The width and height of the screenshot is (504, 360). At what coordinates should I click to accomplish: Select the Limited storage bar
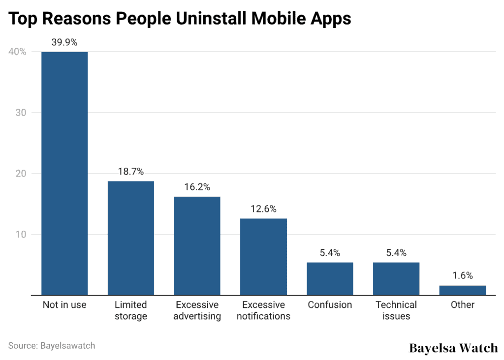(131, 238)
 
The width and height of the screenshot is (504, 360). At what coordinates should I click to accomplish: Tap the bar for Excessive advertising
(197, 246)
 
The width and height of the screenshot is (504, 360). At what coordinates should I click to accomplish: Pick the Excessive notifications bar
(263, 257)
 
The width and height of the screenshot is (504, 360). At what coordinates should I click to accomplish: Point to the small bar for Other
(462, 290)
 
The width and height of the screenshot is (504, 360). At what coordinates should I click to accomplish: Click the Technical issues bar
(396, 279)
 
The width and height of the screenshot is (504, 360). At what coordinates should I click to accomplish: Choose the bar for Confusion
(330, 279)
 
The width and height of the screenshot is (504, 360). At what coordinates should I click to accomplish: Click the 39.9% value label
(64, 42)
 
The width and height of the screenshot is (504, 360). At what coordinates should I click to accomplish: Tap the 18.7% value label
(131, 172)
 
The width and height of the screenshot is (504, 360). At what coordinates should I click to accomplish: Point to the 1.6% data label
(462, 276)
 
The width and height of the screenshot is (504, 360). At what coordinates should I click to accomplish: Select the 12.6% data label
(263, 209)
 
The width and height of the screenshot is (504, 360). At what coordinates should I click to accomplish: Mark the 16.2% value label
(197, 187)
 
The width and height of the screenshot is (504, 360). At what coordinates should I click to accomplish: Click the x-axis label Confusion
(330, 305)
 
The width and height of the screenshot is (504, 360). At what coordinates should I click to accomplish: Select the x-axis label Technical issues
(396, 310)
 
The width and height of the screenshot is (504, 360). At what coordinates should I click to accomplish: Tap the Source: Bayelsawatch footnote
(52, 346)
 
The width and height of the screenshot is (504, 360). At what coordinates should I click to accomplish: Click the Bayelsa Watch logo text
(453, 348)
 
